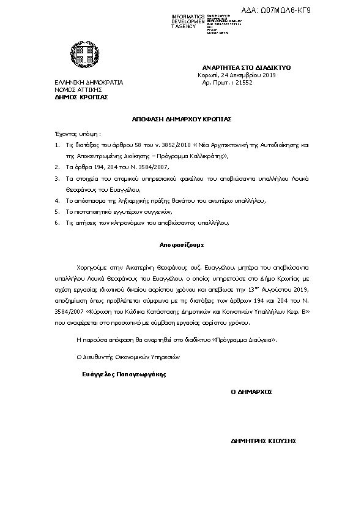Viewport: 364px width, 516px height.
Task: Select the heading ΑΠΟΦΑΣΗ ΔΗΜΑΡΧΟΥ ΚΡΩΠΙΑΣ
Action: [182, 119]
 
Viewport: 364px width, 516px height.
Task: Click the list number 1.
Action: [58, 145]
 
